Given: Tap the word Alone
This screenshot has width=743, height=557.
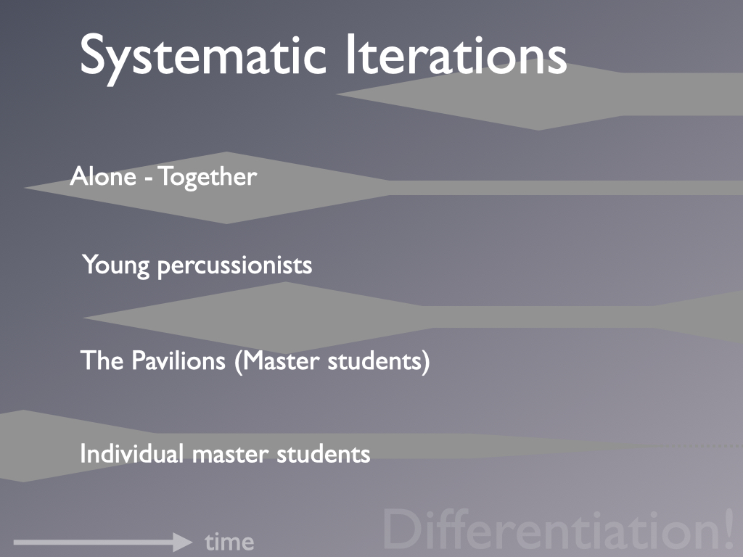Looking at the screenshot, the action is coord(103,177).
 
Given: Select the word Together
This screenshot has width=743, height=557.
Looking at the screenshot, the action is coord(208,178).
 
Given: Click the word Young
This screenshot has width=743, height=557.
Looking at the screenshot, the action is coord(116,265).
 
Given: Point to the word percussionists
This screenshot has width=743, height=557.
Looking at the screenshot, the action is coord(234,266).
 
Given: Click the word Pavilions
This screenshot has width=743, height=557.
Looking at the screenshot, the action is coord(178,360).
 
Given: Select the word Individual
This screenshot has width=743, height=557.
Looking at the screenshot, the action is coord(132,454).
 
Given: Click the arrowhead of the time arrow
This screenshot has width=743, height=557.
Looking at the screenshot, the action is coord(183,542).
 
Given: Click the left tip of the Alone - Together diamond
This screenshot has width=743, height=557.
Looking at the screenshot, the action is coord(25,188).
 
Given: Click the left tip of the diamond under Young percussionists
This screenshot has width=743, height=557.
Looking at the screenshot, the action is coord(83,318).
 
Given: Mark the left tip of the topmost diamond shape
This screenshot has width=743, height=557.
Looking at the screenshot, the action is coord(336,94).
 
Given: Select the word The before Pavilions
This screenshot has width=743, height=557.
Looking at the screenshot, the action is coord(102,360).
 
